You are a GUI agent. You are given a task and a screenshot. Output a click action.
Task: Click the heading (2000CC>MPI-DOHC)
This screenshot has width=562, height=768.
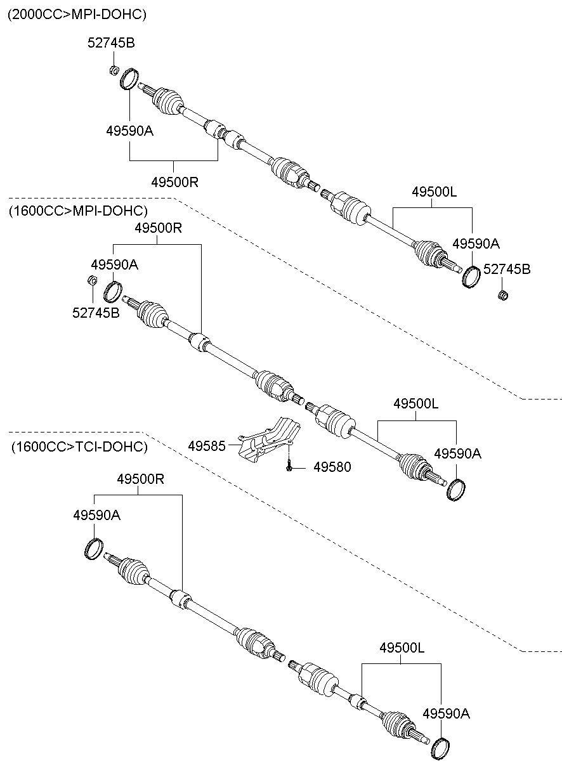(x=77, y=15)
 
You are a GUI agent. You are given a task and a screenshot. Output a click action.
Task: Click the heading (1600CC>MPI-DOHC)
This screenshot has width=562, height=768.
(x=78, y=211)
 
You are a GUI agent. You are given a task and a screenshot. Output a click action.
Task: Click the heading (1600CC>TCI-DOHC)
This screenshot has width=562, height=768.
(x=79, y=446)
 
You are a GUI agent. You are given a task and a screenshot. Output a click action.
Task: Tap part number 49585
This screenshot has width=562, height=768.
(x=207, y=446)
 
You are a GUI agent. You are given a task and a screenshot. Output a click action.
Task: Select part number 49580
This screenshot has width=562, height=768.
(x=332, y=467)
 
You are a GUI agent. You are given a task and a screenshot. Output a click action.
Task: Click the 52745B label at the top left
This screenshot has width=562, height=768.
(x=111, y=43)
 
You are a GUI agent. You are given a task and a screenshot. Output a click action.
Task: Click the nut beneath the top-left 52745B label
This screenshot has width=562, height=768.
(x=114, y=70)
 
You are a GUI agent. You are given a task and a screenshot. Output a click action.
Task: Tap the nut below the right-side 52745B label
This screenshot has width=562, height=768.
(x=502, y=295)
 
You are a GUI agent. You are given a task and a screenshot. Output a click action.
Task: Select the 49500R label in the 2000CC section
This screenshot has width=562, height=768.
(x=175, y=182)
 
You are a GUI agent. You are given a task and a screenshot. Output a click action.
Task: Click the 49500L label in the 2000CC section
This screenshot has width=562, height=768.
(x=435, y=192)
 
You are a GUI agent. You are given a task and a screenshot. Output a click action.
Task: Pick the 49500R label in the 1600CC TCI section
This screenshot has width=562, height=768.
(x=141, y=479)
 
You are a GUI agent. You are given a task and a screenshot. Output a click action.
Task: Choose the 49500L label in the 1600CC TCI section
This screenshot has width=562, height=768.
(x=402, y=648)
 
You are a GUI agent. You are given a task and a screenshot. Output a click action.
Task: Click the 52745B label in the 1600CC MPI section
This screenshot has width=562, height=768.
(x=96, y=313)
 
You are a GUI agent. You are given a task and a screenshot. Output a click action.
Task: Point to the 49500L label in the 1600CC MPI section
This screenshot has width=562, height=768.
(x=416, y=403)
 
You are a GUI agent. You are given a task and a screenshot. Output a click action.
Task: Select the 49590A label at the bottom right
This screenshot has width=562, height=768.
(x=446, y=714)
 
